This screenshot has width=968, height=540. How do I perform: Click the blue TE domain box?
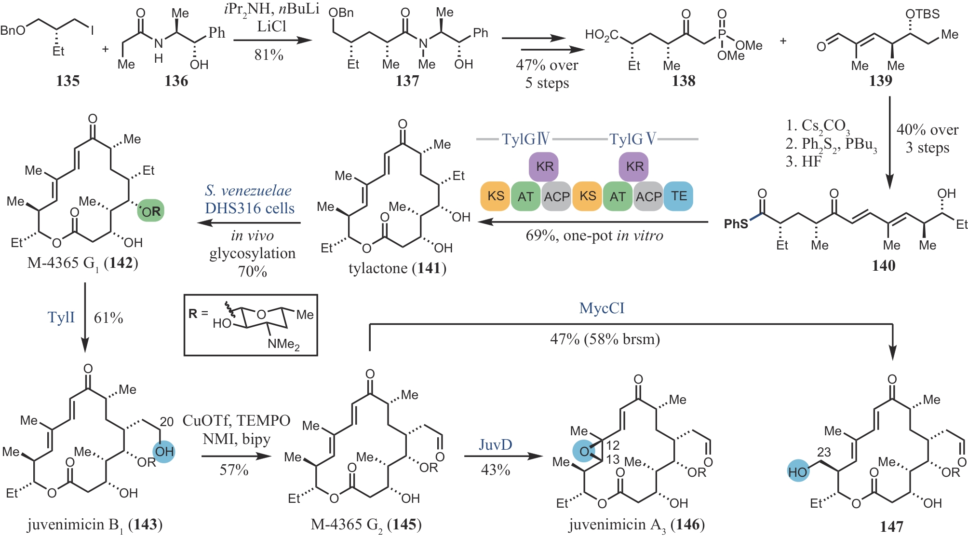(x=678, y=196)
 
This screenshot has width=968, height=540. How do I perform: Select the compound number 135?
(x=67, y=81)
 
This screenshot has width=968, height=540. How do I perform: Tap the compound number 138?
(x=684, y=81)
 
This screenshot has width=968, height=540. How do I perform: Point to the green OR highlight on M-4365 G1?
(x=151, y=211)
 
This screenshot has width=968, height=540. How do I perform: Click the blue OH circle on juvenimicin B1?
(x=164, y=452)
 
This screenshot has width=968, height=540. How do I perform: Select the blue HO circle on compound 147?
(x=798, y=472)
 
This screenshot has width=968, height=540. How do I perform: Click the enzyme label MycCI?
(x=602, y=308)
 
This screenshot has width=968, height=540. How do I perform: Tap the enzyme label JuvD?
(x=495, y=444)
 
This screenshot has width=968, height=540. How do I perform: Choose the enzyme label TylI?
(x=61, y=318)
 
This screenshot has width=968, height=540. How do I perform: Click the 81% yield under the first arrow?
(x=269, y=55)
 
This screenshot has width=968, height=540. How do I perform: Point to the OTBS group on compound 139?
(x=922, y=14)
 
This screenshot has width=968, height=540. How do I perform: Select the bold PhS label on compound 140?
(x=736, y=224)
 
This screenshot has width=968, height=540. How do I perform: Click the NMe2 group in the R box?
(x=283, y=344)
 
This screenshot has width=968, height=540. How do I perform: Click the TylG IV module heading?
(x=525, y=139)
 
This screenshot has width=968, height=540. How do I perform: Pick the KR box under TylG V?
(x=634, y=166)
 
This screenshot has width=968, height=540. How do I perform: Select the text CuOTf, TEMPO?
(x=236, y=421)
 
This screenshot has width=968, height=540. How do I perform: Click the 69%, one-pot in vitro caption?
(x=594, y=235)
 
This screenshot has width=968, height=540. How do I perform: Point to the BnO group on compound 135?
(x=13, y=31)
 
